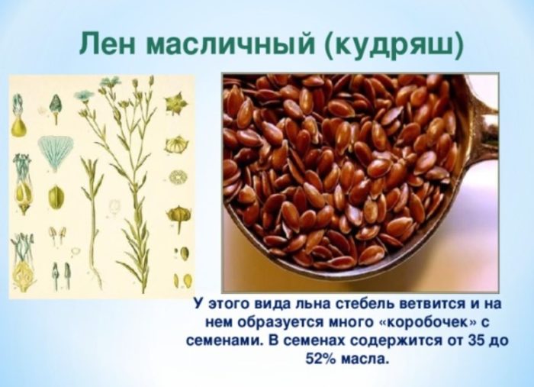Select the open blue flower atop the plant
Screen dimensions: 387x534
point(83,95)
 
